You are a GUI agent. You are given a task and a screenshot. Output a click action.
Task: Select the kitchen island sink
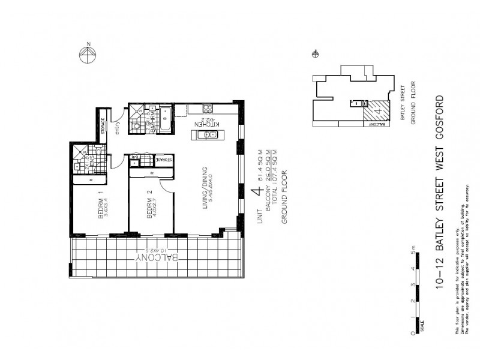click(210, 136)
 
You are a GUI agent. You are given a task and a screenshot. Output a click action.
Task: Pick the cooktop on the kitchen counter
click(207, 109)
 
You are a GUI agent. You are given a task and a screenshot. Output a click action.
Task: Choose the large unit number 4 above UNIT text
click(258, 193)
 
